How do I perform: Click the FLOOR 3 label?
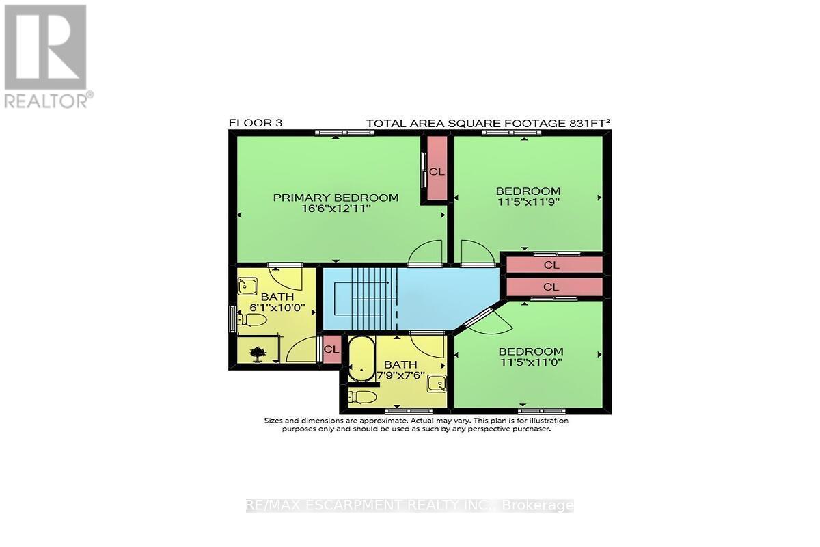pyautogui.click(x=255, y=123)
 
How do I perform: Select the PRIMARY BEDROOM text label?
pyautogui.click(x=336, y=198)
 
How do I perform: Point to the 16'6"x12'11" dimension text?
pyautogui.click(x=336, y=209)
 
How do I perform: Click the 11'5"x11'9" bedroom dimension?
pyautogui.click(x=528, y=202)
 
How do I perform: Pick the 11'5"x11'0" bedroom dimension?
pyautogui.click(x=530, y=362)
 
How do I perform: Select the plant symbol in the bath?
pyautogui.click(x=258, y=353)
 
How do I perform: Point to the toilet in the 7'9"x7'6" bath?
pyautogui.click(x=362, y=397)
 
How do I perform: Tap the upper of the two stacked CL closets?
pyautogui.click(x=551, y=264)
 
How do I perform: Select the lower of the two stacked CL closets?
pyautogui.click(x=551, y=287)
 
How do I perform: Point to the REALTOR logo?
pyautogui.click(x=46, y=55)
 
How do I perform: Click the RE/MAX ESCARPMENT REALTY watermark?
pyautogui.click(x=409, y=506)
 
